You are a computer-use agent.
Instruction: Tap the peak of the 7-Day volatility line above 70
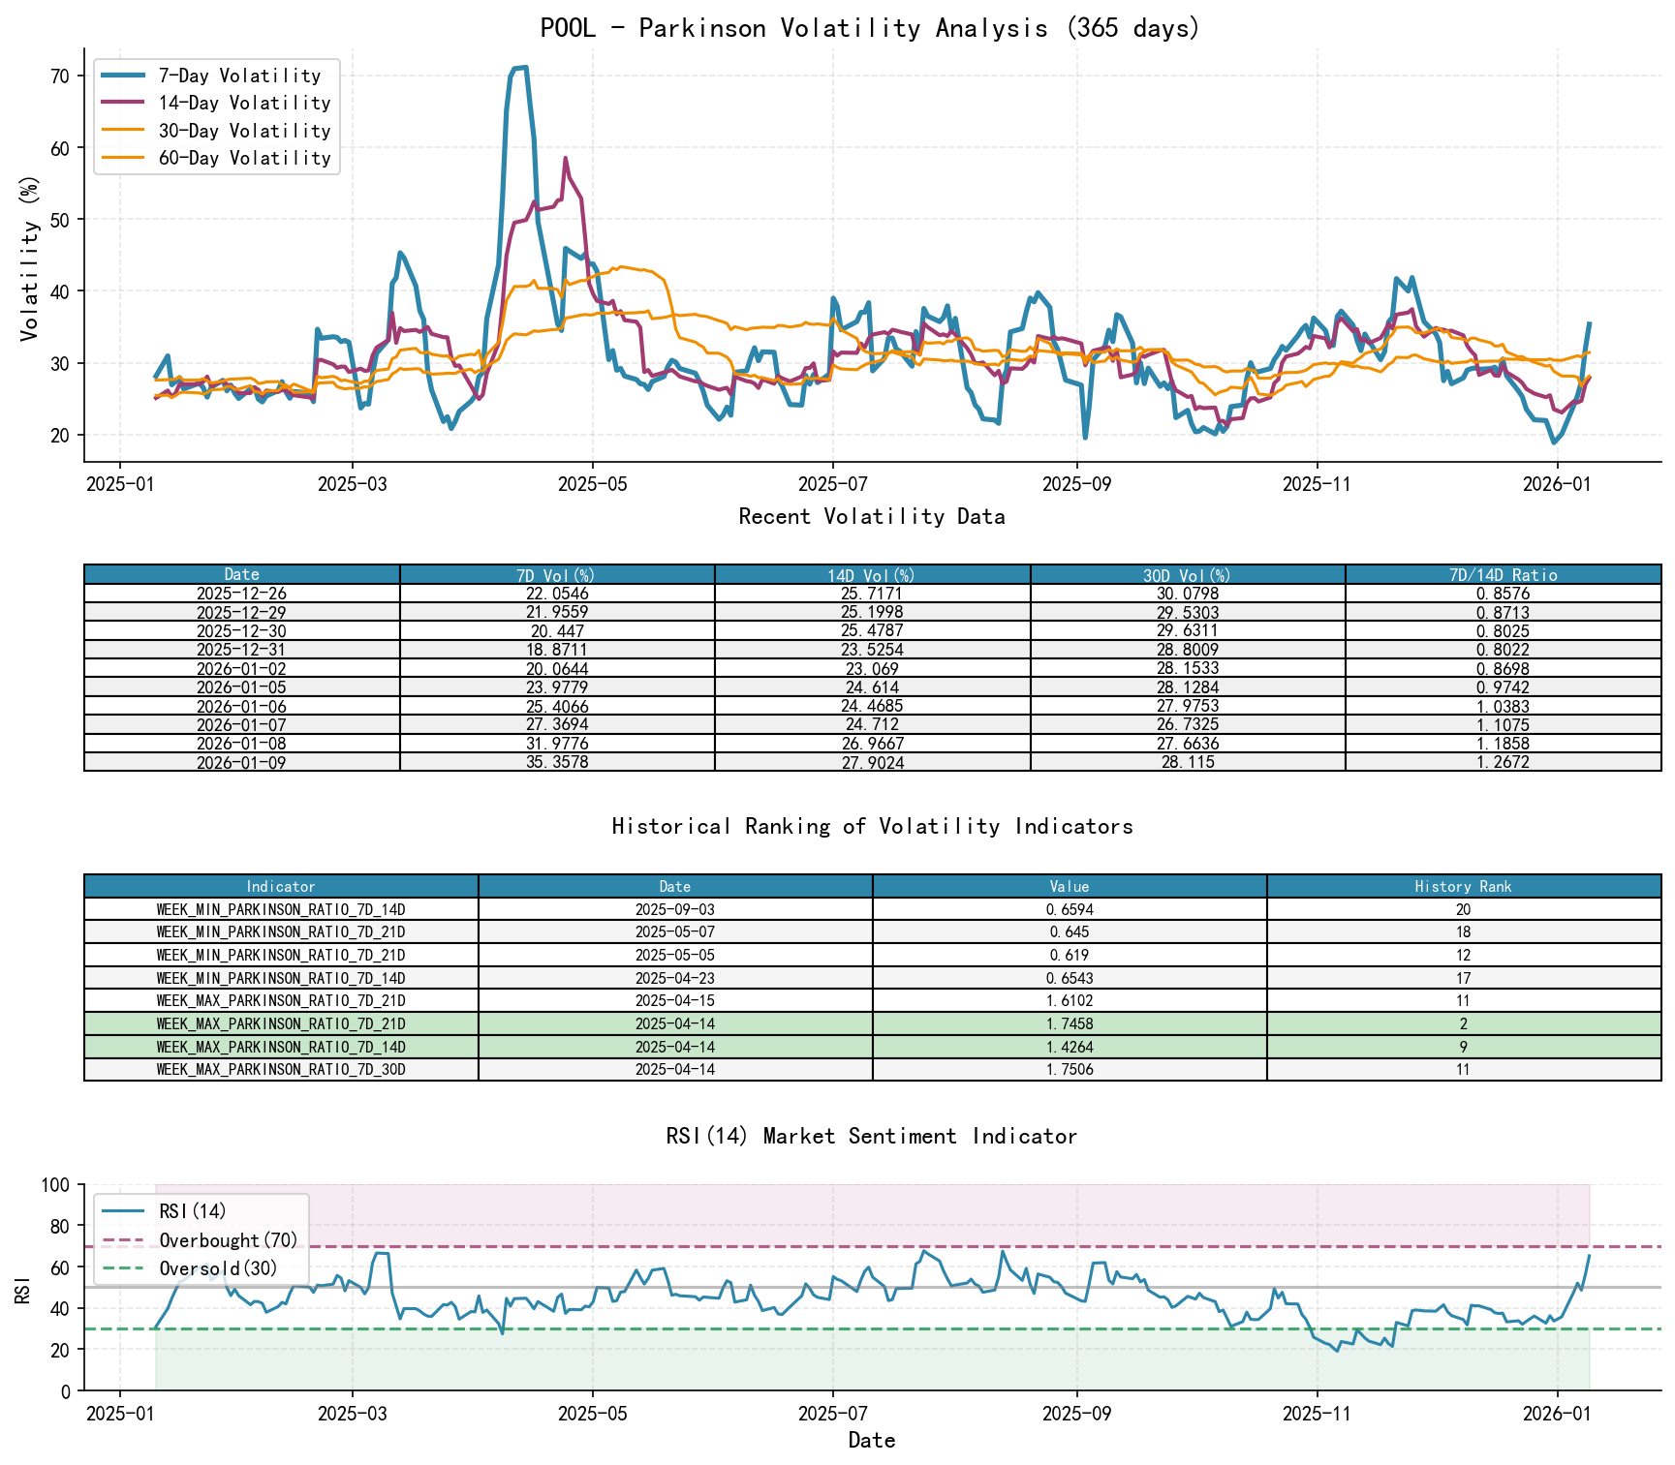(x=520, y=68)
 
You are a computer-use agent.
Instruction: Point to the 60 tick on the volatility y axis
(x=60, y=148)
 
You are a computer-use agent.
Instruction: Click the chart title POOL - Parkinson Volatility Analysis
(x=870, y=28)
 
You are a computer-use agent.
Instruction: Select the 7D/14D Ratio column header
(x=1503, y=574)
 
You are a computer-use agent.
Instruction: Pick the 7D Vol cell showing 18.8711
(x=557, y=650)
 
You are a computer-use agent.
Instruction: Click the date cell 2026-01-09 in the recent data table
(x=241, y=762)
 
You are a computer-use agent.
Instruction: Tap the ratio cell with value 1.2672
(x=1503, y=762)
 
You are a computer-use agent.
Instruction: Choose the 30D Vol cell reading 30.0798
(x=1188, y=594)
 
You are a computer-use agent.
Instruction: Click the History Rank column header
(x=1463, y=886)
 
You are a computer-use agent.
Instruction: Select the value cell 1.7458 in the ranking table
(x=1070, y=1023)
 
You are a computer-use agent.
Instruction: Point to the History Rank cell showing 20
(x=1463, y=909)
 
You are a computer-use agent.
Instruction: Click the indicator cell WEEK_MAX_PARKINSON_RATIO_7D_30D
(x=281, y=1069)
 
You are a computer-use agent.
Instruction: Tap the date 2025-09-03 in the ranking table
(x=675, y=909)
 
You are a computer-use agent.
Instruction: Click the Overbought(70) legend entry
(x=229, y=1240)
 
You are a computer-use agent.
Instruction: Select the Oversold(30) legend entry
(x=218, y=1268)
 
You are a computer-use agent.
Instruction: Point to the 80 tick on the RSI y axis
(x=60, y=1226)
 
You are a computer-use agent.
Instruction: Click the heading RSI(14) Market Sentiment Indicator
(x=870, y=1136)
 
